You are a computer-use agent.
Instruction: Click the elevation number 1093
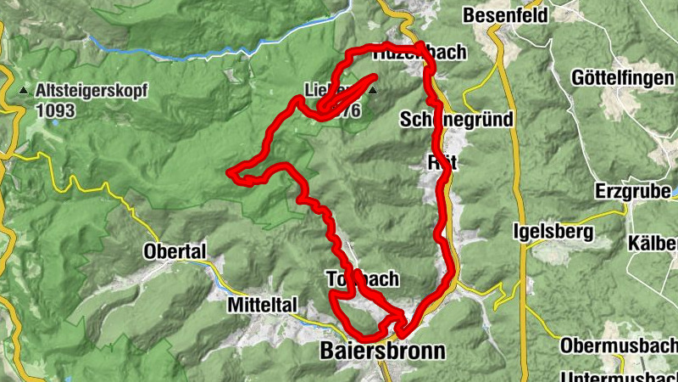tap(56, 110)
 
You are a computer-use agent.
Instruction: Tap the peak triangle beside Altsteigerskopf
tap(23, 89)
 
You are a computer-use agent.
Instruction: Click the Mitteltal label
tap(261, 304)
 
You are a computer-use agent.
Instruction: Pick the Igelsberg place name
tap(554, 231)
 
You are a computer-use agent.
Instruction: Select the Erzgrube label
tap(633, 190)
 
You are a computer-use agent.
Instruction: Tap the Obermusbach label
tap(619, 345)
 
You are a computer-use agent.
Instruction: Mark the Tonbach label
tap(362, 279)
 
